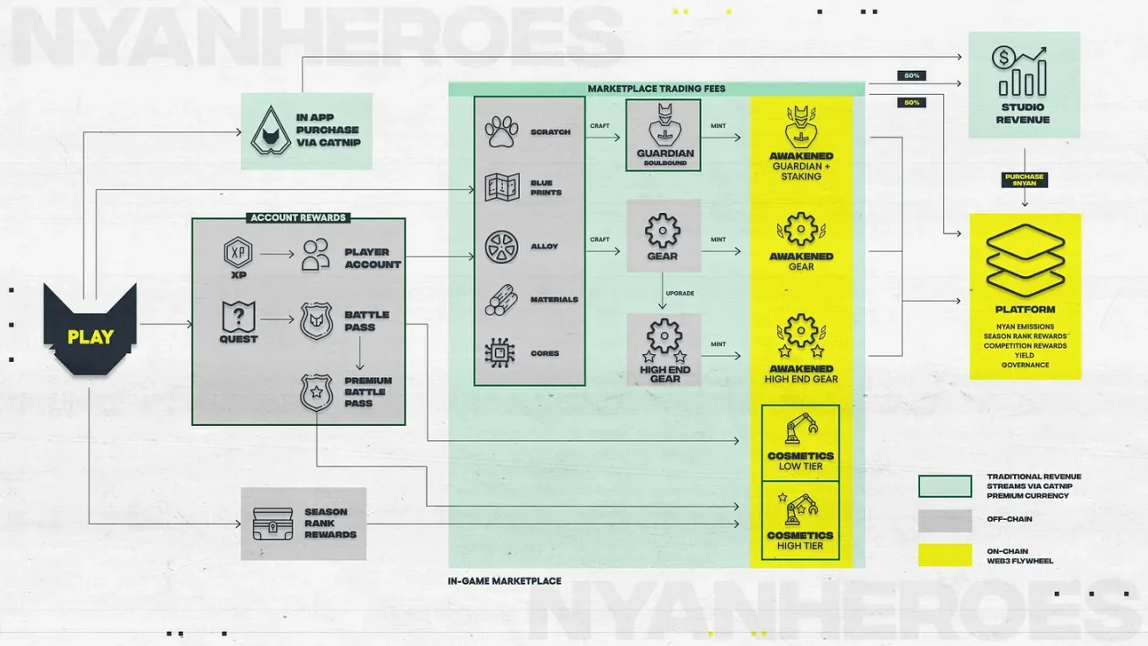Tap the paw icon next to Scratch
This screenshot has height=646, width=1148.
point(502,131)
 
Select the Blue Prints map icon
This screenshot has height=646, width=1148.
point(502,188)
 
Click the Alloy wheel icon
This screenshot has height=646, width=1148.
point(502,246)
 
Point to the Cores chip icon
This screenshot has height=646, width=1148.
point(501,353)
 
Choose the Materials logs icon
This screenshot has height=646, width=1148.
point(502,300)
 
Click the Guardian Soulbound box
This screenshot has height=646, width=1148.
point(663,135)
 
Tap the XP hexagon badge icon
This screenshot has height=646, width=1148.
point(238,254)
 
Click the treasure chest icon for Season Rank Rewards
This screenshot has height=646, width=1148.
point(273,523)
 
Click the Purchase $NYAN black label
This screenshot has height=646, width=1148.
point(1024,180)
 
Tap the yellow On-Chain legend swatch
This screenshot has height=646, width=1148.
point(945,555)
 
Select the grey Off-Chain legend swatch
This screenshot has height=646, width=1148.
point(945,521)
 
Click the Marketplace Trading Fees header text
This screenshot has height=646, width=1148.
point(656,89)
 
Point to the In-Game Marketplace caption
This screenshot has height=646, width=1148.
point(504,581)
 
